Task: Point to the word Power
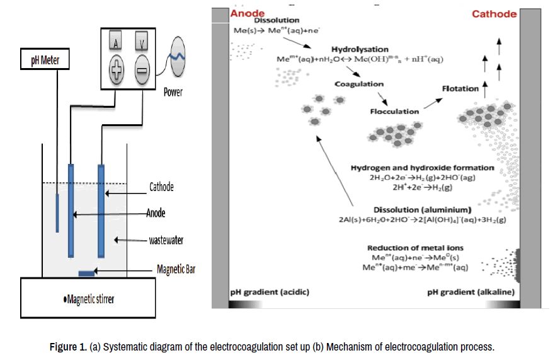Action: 173,92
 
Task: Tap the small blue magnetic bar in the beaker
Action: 86,273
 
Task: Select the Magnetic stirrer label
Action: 89,299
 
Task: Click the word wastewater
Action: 166,240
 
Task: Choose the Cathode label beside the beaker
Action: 161,187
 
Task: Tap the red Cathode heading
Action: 494,13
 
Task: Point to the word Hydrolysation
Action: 360,49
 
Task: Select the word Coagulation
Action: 359,84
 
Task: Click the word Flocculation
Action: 394,111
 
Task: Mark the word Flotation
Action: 460,89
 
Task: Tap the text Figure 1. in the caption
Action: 68,347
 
